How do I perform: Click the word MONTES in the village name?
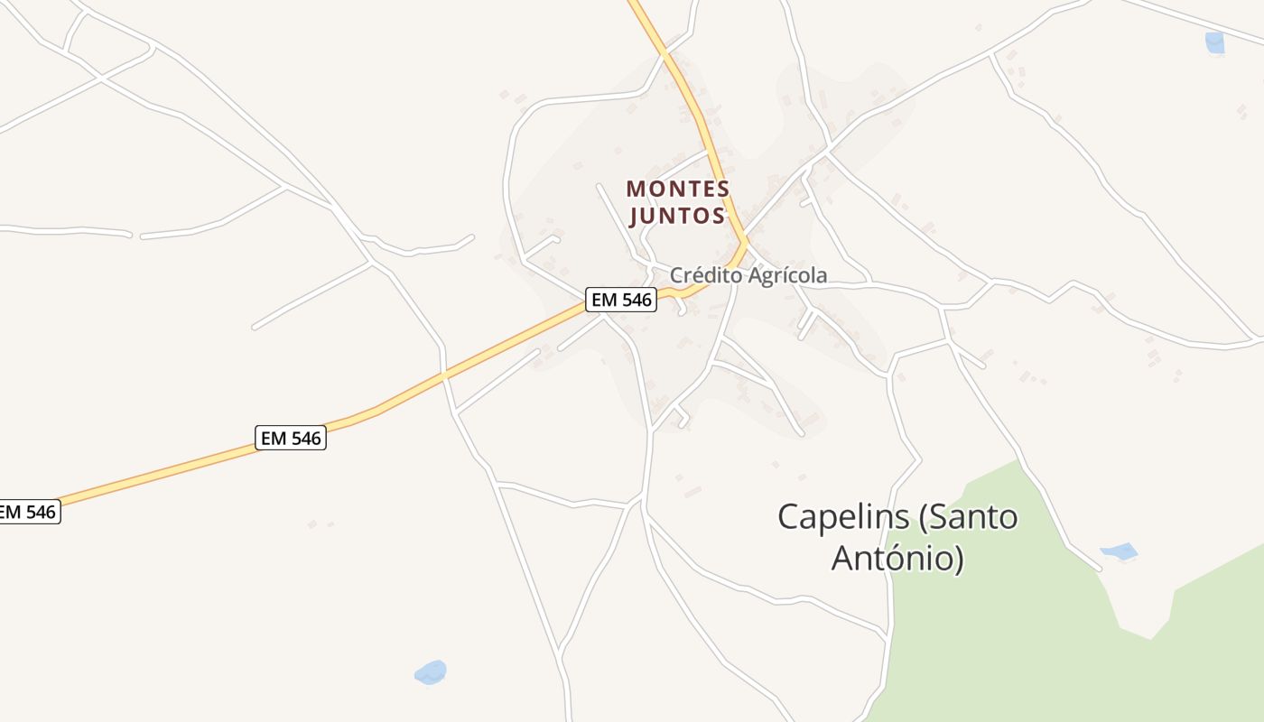pos(678,189)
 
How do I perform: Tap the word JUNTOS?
pos(678,216)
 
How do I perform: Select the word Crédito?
pos(703,275)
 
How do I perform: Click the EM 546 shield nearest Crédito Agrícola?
pos(621,300)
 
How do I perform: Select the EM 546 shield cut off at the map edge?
pos(27,512)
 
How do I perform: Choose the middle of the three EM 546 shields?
pos(291,439)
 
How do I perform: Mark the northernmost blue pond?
pos(1215,42)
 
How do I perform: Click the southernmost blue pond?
pos(431,672)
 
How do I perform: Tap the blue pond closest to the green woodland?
pos(1119,551)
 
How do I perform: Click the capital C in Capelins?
pos(790,517)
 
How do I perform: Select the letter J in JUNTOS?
pos(635,216)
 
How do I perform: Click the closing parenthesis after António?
pos(959,559)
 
